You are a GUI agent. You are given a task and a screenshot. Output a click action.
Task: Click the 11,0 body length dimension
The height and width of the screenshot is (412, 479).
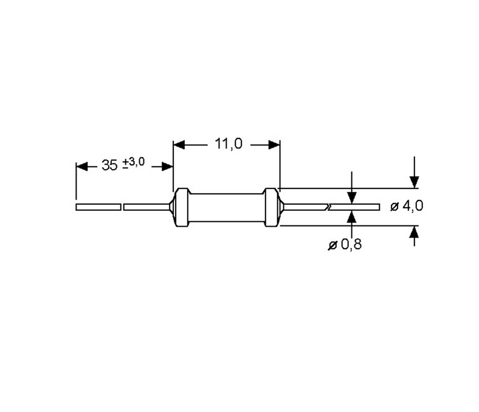[x=229, y=143]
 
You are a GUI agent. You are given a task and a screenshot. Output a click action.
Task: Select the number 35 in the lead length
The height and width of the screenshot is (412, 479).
[x=109, y=165]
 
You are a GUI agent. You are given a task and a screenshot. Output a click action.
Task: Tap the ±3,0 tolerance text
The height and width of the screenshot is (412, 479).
[x=134, y=162]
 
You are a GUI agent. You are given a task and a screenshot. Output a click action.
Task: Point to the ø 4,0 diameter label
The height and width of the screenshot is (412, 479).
[x=407, y=206]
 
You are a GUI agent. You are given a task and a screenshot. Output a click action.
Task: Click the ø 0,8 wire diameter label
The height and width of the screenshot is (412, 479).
[x=345, y=244]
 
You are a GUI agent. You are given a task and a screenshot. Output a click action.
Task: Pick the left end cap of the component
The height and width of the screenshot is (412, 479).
[x=181, y=207]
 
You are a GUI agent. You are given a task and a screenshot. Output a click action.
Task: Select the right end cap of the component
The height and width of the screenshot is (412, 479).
[x=272, y=207]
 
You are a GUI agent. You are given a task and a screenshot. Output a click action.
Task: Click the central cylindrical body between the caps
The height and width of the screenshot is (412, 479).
[x=227, y=207]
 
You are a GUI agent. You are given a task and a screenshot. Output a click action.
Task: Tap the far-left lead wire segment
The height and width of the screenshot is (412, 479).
[x=98, y=207]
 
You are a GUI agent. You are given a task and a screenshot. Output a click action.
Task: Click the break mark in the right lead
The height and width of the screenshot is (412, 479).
[x=328, y=207]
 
